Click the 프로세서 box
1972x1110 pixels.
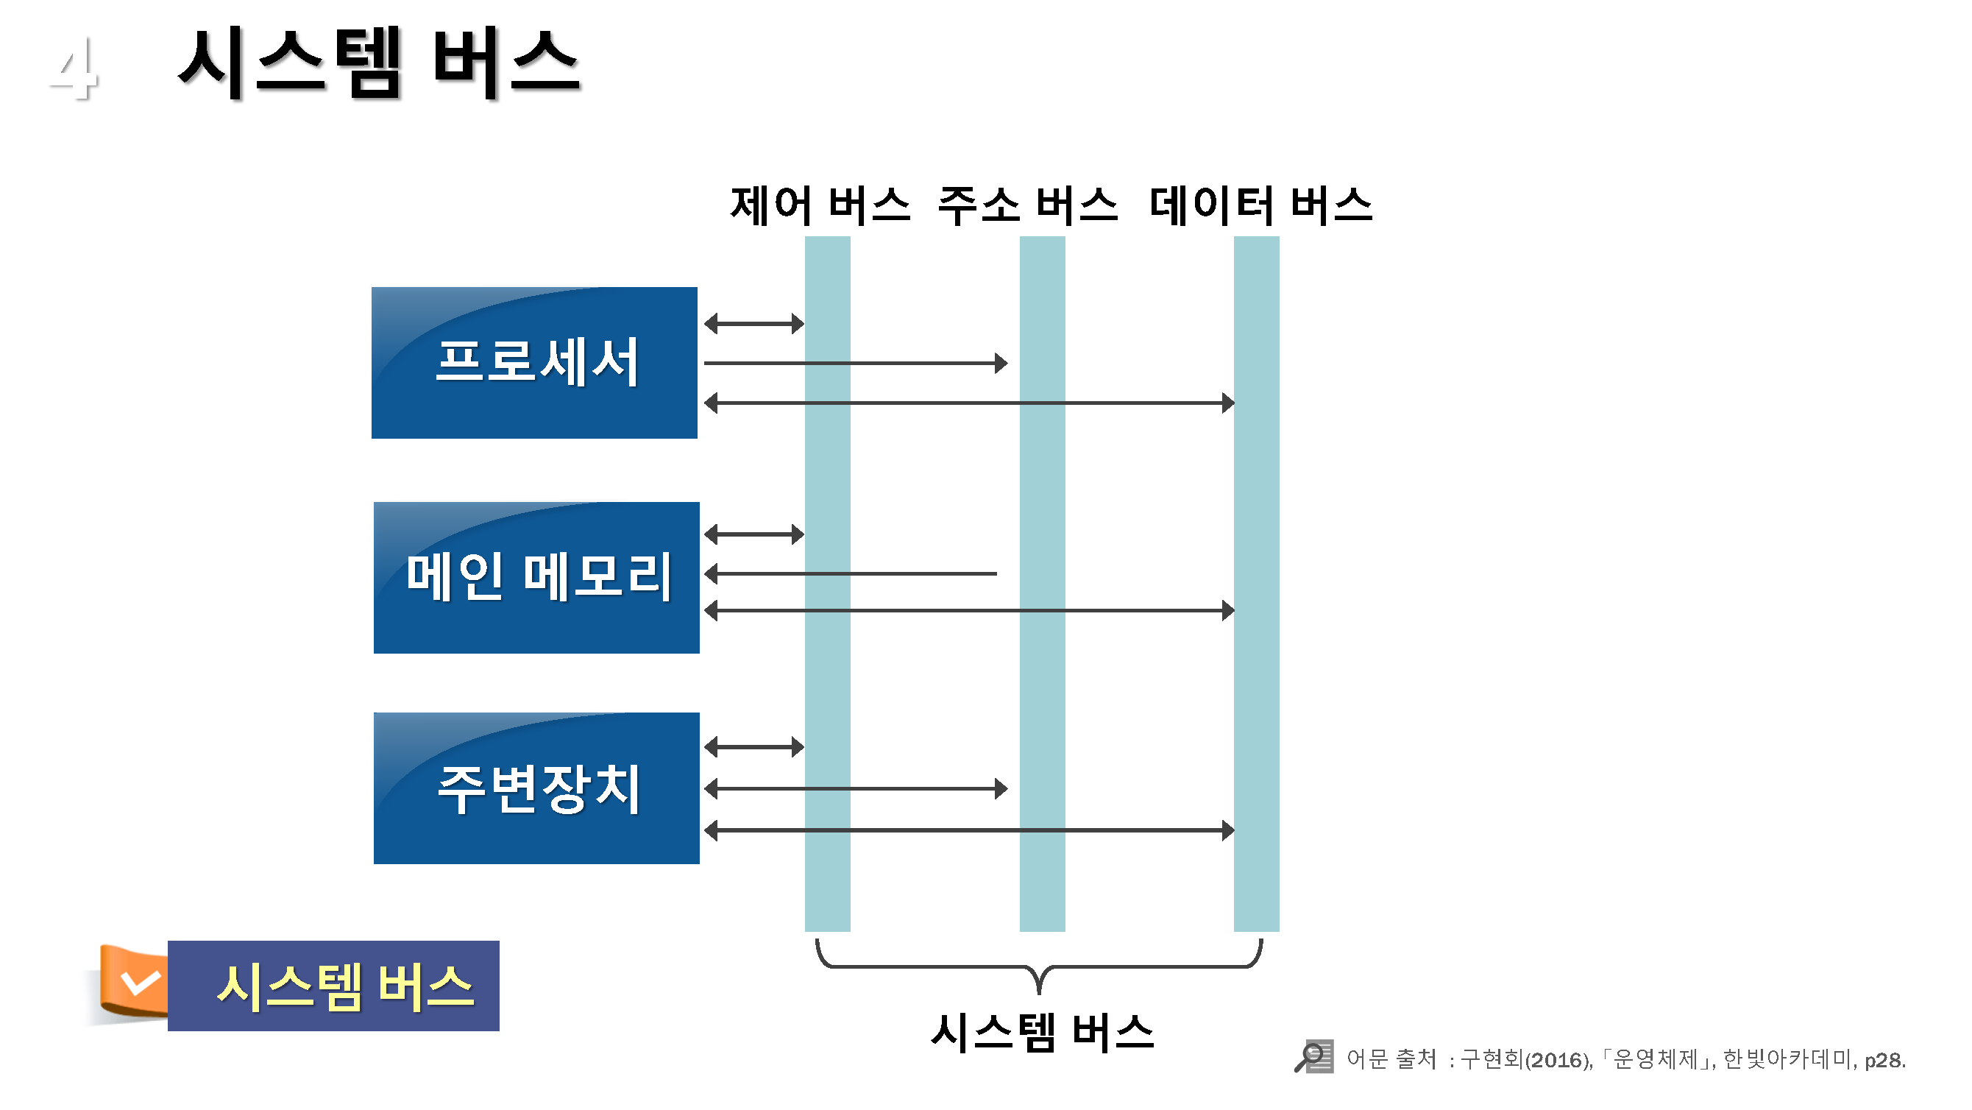pos(534,362)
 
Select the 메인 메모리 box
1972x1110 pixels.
pos(536,577)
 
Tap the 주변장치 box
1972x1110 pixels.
pos(536,788)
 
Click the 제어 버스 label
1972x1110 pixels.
pos(820,205)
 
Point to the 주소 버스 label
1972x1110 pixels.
pos(1027,205)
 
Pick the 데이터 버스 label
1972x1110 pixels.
pos(1260,205)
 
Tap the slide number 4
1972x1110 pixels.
pos(74,69)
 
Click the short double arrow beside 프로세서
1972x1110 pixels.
pos(754,323)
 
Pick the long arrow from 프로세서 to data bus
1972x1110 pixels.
pos(968,402)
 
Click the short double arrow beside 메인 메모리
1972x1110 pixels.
pos(754,534)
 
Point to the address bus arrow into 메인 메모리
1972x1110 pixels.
pos(850,573)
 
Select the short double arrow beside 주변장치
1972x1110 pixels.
pos(754,746)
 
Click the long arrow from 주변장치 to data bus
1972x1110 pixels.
pos(968,830)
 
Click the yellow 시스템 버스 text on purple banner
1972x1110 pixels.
pos(344,986)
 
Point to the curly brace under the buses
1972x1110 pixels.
pos(1039,966)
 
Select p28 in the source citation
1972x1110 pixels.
pos(1884,1060)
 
